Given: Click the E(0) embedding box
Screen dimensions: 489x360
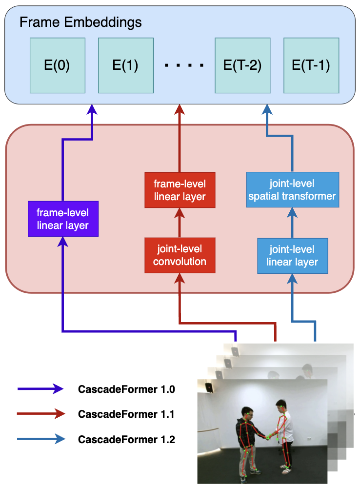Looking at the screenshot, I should (57, 65).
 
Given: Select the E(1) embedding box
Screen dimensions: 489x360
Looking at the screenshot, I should (125, 65).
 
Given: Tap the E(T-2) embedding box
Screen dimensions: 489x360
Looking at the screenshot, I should (242, 65).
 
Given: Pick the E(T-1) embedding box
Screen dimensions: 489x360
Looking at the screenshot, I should (311, 65).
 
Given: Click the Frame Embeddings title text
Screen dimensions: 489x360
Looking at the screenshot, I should (80, 22).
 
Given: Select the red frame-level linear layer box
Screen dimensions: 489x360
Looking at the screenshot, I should (180, 190).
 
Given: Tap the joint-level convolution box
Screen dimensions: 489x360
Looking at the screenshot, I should (180, 255).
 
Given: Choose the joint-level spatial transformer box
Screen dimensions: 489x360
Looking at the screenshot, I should (292, 190).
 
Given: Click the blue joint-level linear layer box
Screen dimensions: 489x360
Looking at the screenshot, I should (292, 256).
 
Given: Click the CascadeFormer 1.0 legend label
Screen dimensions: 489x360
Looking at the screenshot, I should (126, 389).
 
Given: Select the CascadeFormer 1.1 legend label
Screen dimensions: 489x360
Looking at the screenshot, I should (126, 414).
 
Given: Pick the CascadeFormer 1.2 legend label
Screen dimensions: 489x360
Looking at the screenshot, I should (126, 439).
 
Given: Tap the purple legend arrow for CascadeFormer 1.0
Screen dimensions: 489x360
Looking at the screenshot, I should (40, 389).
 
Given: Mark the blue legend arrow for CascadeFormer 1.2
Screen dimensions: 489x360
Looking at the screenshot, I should (40, 439).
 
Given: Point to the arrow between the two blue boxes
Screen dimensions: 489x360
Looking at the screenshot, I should (292, 223).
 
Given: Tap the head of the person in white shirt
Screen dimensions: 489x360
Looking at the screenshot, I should (280, 406).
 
